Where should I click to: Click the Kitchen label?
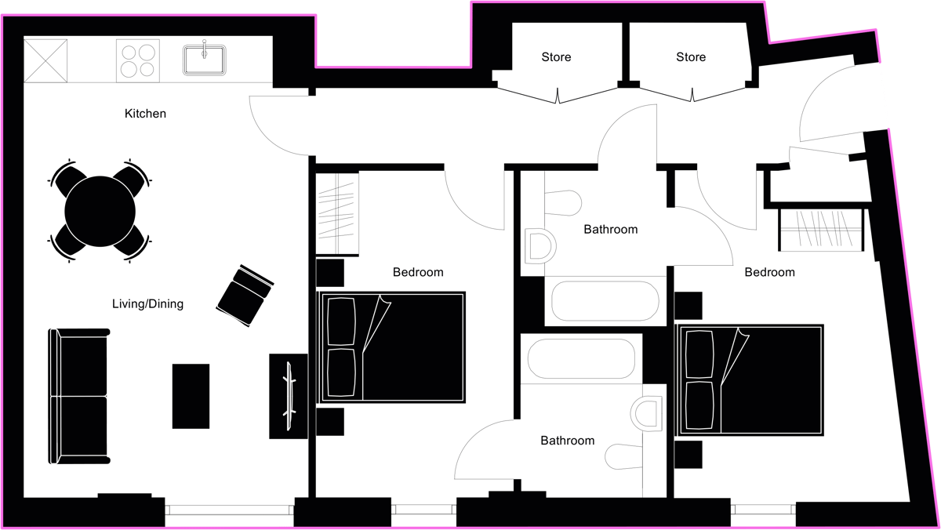[x=145, y=114]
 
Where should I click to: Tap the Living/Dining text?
[x=148, y=303]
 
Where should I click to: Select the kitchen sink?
[x=205, y=60]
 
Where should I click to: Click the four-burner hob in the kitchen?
[x=138, y=60]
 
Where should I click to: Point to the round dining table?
[x=100, y=212]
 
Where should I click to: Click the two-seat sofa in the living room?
[x=79, y=396]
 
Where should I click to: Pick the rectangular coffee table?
[x=191, y=396]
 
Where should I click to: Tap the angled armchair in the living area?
[x=245, y=296]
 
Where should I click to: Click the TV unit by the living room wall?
[x=289, y=396]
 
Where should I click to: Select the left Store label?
[x=556, y=57]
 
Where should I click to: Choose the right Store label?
[x=691, y=57]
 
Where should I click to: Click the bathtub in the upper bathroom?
[x=605, y=301]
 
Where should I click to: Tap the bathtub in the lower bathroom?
[x=581, y=358]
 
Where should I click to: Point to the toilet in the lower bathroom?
[x=624, y=457]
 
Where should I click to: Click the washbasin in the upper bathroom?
[x=540, y=246]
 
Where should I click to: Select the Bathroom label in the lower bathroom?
[x=568, y=441]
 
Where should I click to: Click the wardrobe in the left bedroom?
[x=337, y=213]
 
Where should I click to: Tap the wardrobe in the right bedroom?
[x=821, y=230]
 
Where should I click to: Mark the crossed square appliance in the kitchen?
[x=45, y=60]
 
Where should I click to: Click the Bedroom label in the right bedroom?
[x=769, y=272]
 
